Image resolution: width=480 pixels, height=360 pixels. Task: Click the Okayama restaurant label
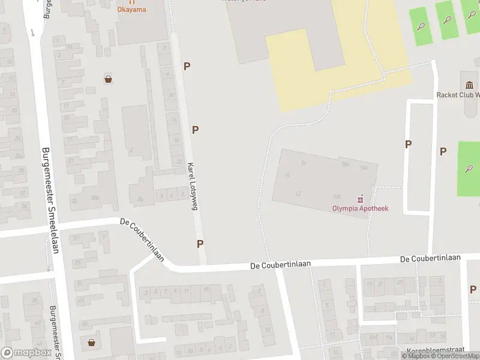click(x=131, y=9)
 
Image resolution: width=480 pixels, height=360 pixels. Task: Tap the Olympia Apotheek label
click(x=361, y=208)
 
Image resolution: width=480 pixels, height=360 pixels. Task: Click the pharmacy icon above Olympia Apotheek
click(x=361, y=199)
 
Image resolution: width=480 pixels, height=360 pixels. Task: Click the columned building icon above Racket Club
click(x=468, y=84)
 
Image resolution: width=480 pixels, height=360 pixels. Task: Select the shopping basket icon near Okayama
click(x=109, y=79)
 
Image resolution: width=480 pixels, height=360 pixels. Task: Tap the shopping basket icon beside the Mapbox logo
click(x=92, y=343)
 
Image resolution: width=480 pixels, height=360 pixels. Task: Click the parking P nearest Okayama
click(x=187, y=67)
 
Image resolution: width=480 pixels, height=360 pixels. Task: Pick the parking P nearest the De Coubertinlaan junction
click(x=200, y=244)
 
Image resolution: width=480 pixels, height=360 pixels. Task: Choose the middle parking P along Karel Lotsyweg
click(x=196, y=130)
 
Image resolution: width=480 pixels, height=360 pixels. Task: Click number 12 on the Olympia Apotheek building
click(x=298, y=194)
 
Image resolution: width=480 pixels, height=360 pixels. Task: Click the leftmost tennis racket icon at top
click(x=422, y=26)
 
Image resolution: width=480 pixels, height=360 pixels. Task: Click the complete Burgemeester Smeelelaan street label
click(x=50, y=200)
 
